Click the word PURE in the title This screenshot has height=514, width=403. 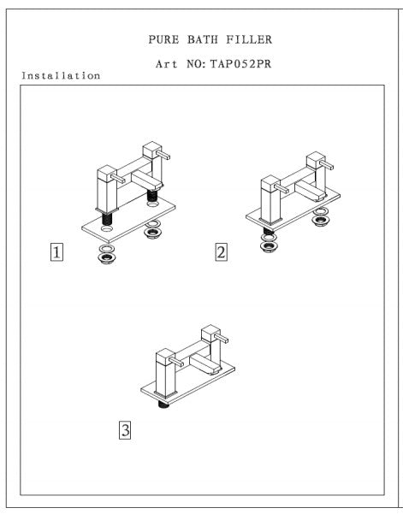pos(163,39)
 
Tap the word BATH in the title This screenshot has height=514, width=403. pos(202,39)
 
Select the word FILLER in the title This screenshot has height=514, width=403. pos(249,39)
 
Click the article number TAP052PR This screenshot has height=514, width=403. pos(240,63)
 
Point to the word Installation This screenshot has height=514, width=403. pos(61,76)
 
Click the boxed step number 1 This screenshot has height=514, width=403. pos(56,252)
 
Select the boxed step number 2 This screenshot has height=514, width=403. pos(222,252)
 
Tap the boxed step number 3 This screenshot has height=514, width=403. pos(125,429)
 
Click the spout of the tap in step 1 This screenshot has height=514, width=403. pos(147,181)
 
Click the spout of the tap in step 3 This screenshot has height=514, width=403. pos(206,364)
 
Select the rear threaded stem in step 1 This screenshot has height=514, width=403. pos(152,195)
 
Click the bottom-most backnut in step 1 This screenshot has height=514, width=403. pos(107,258)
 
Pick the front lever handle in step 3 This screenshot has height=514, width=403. pos(175,361)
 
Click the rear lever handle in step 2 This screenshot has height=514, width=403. pos(327,164)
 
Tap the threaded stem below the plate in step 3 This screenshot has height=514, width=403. pos(163,405)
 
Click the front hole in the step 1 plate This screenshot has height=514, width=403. pos(107,227)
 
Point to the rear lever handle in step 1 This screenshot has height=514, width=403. pos(163,155)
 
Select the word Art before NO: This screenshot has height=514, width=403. pos(167,63)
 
